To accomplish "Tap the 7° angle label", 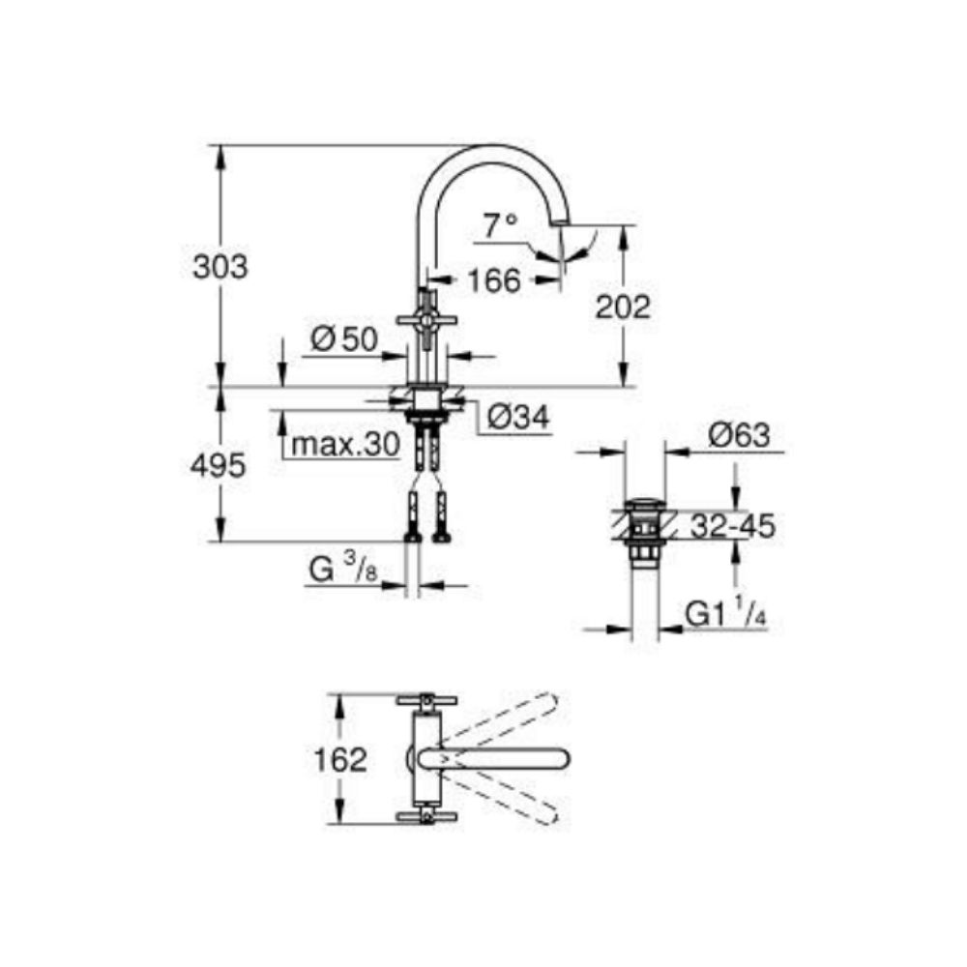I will [501, 226].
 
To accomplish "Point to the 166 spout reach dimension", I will [494, 280].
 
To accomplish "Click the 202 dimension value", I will [623, 307].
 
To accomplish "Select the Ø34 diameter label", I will [518, 417].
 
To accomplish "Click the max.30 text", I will [345, 445].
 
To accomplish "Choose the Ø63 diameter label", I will [739, 435].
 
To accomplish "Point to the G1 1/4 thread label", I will [727, 613].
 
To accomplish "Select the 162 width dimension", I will [339, 759].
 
